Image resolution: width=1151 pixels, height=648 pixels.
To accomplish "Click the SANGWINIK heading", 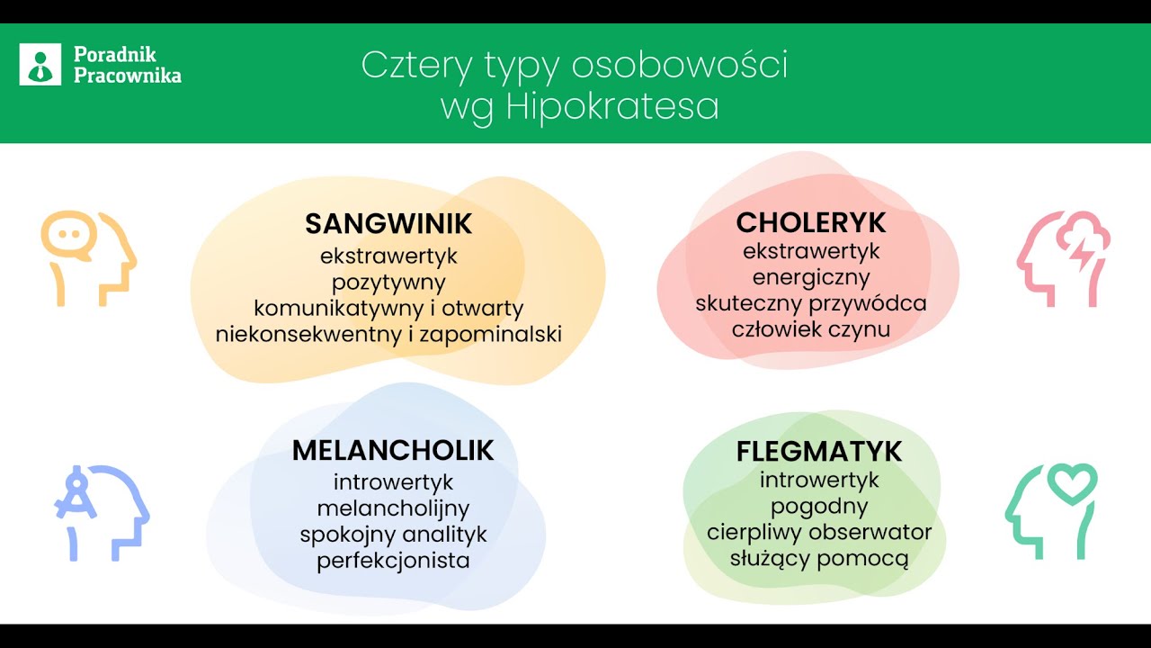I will (388, 223).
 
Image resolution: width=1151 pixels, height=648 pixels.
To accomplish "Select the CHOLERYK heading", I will (811, 222).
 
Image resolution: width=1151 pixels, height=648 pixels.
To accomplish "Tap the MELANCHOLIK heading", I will (393, 450).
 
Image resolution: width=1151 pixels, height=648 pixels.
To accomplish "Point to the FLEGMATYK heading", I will (819, 451).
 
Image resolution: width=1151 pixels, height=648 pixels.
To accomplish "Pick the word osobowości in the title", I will (680, 65).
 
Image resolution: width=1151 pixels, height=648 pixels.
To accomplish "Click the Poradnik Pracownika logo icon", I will (40, 65).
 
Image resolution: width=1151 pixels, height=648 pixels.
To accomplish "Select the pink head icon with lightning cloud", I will (1064, 258).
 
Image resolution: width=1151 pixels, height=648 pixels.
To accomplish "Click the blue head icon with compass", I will (100, 512).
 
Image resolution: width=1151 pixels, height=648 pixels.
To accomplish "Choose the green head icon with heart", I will (1051, 510).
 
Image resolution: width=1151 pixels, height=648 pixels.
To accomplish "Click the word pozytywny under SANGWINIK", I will (388, 282).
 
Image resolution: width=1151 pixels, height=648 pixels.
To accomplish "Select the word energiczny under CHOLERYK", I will (811, 276).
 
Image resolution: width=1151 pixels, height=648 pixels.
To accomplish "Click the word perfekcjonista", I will (393, 561).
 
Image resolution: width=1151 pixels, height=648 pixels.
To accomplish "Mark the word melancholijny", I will (393, 508).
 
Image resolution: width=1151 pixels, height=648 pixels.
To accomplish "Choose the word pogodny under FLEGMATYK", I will (819, 506).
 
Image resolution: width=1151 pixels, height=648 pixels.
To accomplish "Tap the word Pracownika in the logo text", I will (128, 76).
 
